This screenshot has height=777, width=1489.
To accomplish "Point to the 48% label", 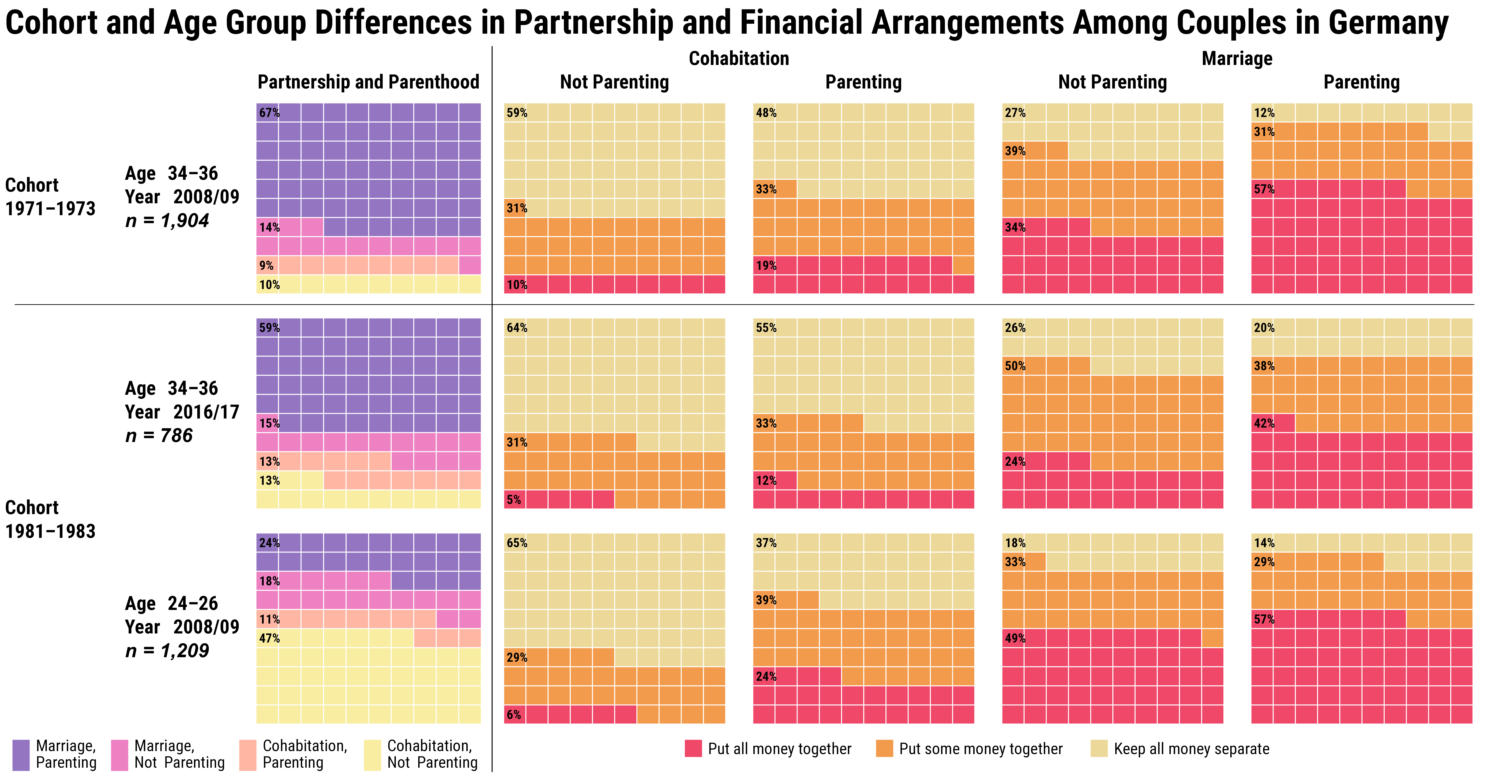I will click(766, 113).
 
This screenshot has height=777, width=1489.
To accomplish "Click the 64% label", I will click(517, 328).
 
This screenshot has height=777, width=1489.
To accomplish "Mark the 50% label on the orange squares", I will click(1015, 366).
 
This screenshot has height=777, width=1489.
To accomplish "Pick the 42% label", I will click(1264, 423).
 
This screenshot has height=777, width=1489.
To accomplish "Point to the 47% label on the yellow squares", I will click(269, 638).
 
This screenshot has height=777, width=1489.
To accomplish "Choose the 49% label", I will click(1015, 638).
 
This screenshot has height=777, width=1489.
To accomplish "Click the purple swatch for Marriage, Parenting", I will click(21, 755).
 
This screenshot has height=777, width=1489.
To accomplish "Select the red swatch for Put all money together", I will click(693, 749).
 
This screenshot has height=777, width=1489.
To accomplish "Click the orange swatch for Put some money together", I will click(884, 749).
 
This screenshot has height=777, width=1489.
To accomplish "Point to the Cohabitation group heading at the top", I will click(739, 58).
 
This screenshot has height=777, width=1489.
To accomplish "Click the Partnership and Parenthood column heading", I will click(368, 82).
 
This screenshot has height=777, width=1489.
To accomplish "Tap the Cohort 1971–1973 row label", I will click(50, 197).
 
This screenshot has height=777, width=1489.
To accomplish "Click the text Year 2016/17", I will click(182, 412).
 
